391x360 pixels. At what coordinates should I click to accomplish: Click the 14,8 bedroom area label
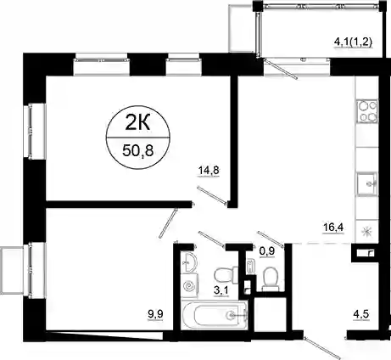tap(209, 171)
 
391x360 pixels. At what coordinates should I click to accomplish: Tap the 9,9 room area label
tap(155, 314)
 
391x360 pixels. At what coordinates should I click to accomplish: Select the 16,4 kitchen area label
tap(333, 227)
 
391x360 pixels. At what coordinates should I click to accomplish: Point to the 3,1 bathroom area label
tap(221, 290)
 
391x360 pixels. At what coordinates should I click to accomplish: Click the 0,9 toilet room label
tap(267, 250)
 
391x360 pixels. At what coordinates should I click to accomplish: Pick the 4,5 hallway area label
tap(361, 314)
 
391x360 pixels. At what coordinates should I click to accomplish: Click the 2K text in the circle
tap(137, 124)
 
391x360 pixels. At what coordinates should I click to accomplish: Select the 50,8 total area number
tap(138, 151)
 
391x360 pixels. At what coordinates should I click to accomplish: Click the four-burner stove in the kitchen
tap(367, 111)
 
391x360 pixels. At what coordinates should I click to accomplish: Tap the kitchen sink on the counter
tap(367, 183)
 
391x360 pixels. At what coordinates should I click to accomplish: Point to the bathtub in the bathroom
tap(215, 315)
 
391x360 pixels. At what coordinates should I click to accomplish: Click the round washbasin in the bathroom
tap(188, 262)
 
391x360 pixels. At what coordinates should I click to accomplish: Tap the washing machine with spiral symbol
tap(189, 285)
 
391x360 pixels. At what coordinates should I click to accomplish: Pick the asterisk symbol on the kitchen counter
tap(367, 232)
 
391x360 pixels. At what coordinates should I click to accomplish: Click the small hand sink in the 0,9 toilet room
tap(250, 267)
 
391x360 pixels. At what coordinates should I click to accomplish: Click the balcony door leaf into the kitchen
tap(280, 69)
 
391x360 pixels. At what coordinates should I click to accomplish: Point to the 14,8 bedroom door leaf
tap(212, 195)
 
